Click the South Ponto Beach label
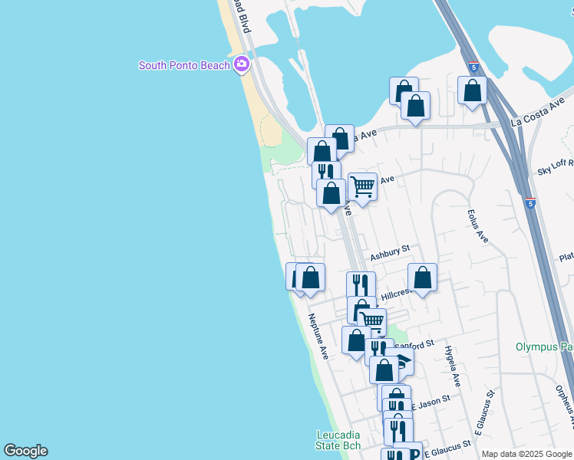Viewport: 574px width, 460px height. coord(184,65)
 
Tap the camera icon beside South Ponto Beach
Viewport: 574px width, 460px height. coord(242,64)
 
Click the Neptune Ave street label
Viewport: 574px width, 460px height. coord(318,337)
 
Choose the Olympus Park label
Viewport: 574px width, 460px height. coord(544,347)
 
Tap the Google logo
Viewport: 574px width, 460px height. coord(25,451)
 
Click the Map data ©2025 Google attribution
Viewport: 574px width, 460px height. coord(526,454)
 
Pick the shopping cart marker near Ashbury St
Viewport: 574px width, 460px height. coord(362,186)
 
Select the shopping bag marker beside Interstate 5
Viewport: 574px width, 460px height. coord(473,90)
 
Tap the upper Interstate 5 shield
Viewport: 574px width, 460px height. coord(473,67)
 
